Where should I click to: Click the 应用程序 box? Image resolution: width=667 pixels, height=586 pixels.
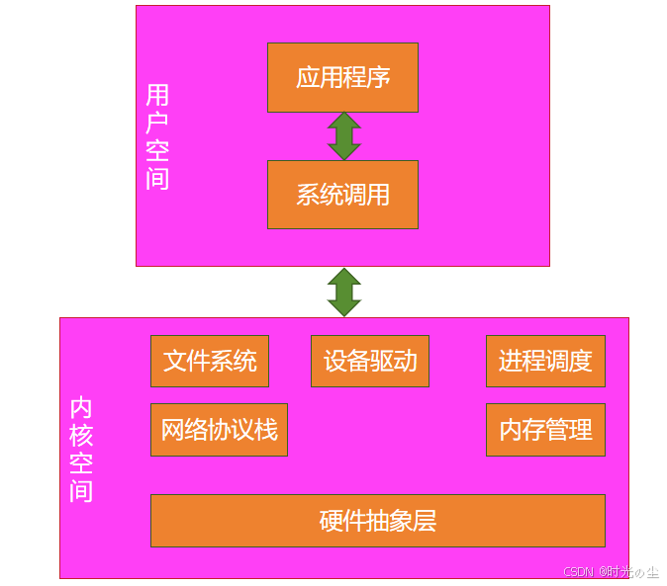coord(342,77)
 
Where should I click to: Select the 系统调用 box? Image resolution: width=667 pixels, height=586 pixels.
coord(342,195)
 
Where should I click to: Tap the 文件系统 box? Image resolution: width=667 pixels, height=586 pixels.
coord(210,361)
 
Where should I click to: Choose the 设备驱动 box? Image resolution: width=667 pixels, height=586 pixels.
coord(370,361)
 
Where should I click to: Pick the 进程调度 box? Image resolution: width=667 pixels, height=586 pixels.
coord(545,361)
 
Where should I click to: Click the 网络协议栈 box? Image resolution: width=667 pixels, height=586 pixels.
coord(219,430)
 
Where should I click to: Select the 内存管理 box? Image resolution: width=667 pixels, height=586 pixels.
coord(545,430)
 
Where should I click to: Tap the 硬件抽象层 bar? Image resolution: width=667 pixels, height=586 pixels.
coord(377,521)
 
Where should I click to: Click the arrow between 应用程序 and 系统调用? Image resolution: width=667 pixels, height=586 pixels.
coord(343,136)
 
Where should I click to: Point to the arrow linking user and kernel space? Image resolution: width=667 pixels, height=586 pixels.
coord(343,292)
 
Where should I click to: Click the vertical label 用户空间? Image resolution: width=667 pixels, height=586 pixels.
coord(157,136)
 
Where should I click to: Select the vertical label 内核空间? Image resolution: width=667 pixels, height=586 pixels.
coord(81,450)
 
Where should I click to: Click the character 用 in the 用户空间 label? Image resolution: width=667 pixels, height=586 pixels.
coord(157,95)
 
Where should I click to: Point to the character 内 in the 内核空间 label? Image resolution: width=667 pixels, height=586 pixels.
coord(81,408)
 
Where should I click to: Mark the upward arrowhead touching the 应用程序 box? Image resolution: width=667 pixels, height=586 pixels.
coord(343,121)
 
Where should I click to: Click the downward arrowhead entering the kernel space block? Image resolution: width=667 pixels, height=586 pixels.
coord(343,307)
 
